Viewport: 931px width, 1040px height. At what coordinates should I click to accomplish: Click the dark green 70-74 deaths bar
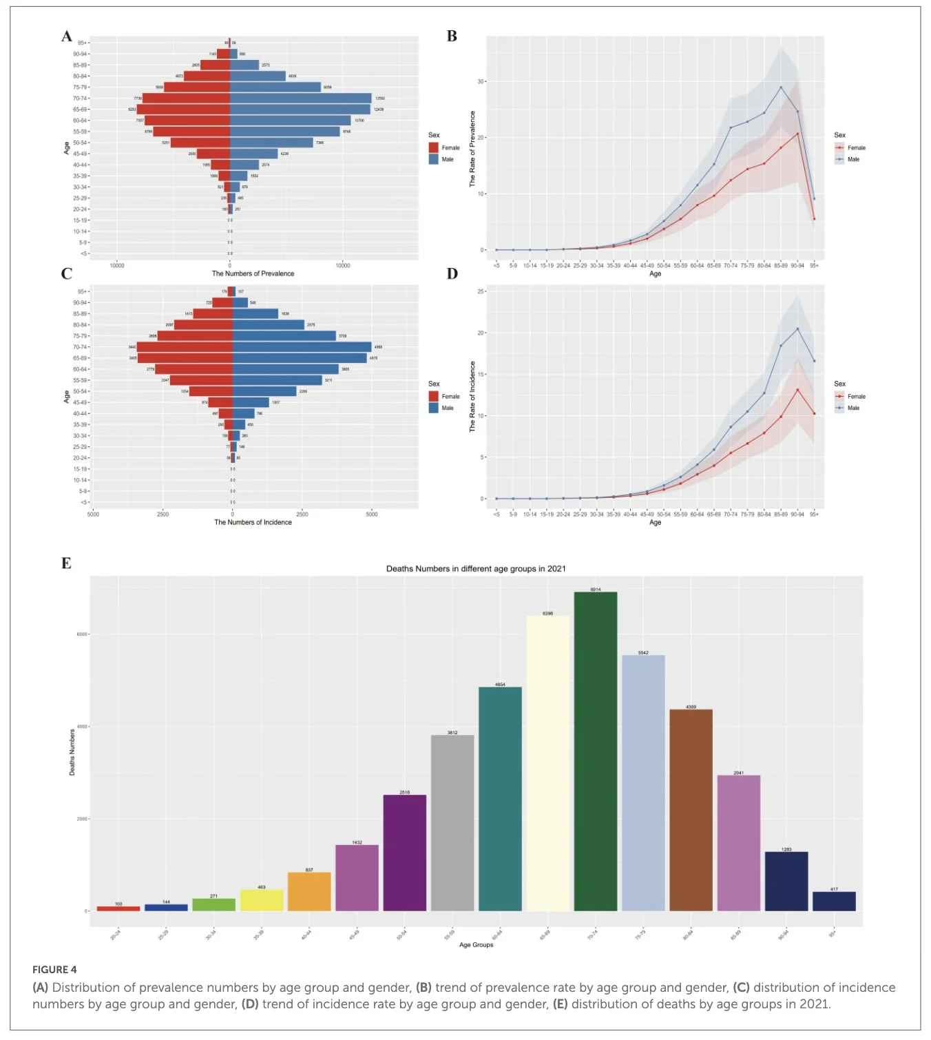pos(595,751)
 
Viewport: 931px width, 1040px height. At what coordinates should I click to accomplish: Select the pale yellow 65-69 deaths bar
pos(547,763)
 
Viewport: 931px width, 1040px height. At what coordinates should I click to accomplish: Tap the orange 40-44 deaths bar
pos(309,891)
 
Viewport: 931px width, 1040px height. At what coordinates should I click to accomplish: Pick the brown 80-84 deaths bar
pos(691,810)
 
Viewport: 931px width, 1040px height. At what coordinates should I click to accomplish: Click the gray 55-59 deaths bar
pos(452,823)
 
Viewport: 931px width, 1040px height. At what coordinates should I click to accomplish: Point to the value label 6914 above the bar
pos(595,590)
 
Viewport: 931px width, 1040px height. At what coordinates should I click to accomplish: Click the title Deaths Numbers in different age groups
pos(476,569)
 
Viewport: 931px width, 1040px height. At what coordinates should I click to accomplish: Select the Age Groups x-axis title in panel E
pos(476,944)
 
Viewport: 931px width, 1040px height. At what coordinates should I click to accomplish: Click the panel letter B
pos(452,37)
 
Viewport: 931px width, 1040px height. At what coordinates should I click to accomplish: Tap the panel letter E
pos(66,563)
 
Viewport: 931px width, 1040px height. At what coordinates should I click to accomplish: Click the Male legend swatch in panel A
pos(434,159)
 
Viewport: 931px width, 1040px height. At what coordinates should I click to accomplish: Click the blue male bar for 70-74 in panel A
pos(300,98)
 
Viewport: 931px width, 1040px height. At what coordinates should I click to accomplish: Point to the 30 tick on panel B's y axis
pos(480,81)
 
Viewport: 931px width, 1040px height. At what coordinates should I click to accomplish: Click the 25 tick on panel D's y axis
pos(480,291)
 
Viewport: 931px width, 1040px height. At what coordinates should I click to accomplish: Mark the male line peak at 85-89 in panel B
pos(780,87)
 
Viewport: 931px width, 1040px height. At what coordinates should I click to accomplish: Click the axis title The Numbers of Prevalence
pos(253,273)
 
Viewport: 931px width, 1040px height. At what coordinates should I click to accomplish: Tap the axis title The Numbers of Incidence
pos(253,522)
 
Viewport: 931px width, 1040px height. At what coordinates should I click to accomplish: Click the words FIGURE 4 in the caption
pos(54,970)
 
